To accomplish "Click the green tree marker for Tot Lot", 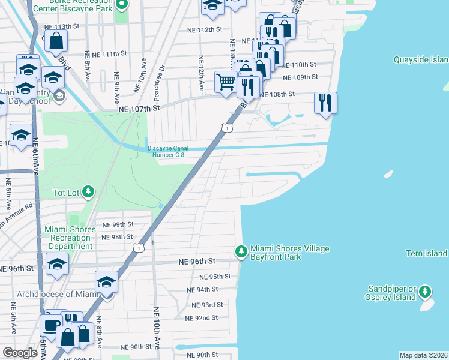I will pos(88,191).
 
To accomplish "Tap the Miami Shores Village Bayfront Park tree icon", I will pos(241,251).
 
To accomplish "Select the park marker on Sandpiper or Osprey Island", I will pos(425,292).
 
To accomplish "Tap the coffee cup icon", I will pos(51,325).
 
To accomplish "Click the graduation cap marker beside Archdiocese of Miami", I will pos(107,283).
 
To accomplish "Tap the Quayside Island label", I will pos(420,59).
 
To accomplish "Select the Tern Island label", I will pos(426,253).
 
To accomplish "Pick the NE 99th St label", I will pos(117,224).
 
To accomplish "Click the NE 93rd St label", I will pos(208,305).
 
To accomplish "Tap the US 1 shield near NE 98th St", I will pos(139,247).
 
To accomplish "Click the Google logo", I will pos(20,353).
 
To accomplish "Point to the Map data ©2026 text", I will pos(423,355).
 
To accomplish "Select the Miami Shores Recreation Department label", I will pos(70,238).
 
